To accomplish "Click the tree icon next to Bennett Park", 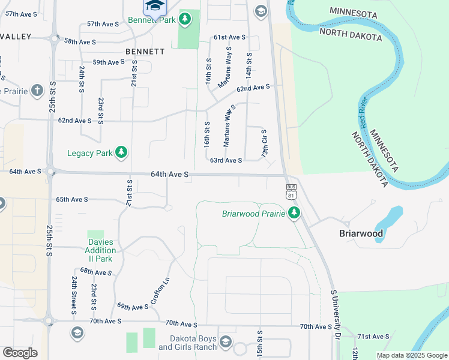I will pos(185,20).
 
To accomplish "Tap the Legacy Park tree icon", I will pos(122,152).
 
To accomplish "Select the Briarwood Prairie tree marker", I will pos(294,213).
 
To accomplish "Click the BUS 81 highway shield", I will pos(291,191).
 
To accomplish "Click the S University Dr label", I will pos(336,314).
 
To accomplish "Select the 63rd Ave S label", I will pos(226,160).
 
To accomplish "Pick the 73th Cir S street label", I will pos(264,144).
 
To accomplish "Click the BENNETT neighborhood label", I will pos(145,52).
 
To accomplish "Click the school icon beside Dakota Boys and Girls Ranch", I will pos(226,342).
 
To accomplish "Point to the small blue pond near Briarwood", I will pos(387,223).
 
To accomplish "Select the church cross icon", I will pos(37,91).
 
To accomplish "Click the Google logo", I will pos(20,353).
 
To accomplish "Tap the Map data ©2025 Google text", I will pos(411,355).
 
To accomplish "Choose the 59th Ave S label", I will pos(108,62).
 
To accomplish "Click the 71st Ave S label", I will pos(372,337).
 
